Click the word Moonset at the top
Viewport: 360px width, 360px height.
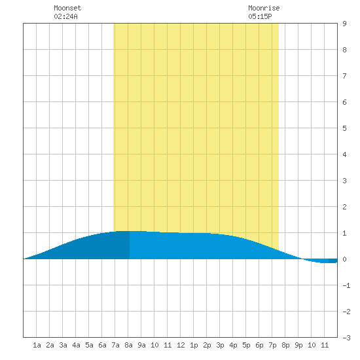[x=67, y=8]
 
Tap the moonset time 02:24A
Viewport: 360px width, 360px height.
[x=65, y=16]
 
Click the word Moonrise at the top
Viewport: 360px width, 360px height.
[x=264, y=8]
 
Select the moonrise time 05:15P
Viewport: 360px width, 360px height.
[x=260, y=16]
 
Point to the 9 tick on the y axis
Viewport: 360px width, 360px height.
[x=344, y=24]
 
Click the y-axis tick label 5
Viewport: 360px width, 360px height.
[x=344, y=128]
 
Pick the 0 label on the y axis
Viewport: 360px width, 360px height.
[x=344, y=259]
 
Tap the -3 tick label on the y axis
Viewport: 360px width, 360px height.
[x=346, y=338]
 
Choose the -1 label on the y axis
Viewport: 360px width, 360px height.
[x=346, y=285]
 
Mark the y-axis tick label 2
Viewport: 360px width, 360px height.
[x=344, y=207]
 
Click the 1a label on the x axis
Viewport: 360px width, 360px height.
[x=37, y=345]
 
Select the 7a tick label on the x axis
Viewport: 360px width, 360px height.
[x=115, y=345]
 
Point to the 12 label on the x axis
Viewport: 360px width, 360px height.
[x=181, y=345]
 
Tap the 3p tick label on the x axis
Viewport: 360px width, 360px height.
[x=220, y=345]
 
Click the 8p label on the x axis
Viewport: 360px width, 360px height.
[x=285, y=345]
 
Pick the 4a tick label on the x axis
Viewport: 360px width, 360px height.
[x=76, y=345]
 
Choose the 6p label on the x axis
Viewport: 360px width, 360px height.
[x=259, y=345]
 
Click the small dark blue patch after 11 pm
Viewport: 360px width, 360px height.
[x=333, y=261]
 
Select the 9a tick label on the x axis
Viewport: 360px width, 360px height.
[x=141, y=345]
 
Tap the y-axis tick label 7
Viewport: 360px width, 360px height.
[x=344, y=76]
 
